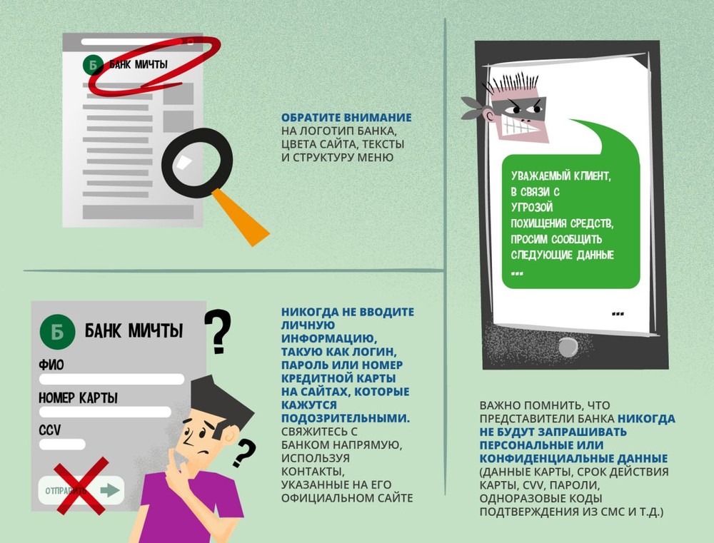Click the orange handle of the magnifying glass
pyautogui.click(x=240, y=217)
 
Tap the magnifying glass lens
pyautogui.click(x=197, y=163)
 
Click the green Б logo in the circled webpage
pyautogui.click(x=93, y=65)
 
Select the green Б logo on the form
pyautogui.click(x=57, y=332)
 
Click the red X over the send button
pyautogui.click(x=82, y=486)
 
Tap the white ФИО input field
pyautogui.click(x=111, y=379)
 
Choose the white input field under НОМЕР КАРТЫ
pyautogui.click(x=105, y=412)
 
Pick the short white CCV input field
pyautogui.click(x=62, y=445)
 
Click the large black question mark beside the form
pyautogui.click(x=218, y=331)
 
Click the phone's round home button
pyautogui.click(x=568, y=348)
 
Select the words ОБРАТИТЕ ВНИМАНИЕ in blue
pyautogui.click(x=346, y=118)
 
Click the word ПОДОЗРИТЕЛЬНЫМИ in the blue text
pyautogui.click(x=345, y=418)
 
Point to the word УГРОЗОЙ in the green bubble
pyautogui.click(x=532, y=208)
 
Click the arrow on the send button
pyautogui.click(x=110, y=490)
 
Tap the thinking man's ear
pyautogui.click(x=229, y=436)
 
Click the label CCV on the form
pyautogui.click(x=50, y=430)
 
